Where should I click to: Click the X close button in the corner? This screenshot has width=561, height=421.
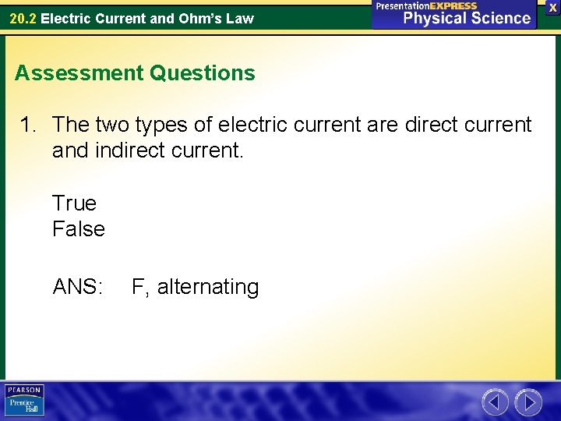click(x=552, y=6)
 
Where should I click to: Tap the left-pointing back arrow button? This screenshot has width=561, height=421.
click(x=495, y=402)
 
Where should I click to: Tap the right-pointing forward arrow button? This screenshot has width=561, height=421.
click(x=528, y=402)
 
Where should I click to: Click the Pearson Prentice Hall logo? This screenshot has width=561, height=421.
click(x=24, y=401)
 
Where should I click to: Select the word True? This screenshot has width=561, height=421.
click(x=74, y=203)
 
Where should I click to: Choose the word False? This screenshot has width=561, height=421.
click(x=78, y=229)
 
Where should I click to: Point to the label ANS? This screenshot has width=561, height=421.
click(x=78, y=287)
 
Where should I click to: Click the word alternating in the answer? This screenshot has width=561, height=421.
click(x=208, y=287)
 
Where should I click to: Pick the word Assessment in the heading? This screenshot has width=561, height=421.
click(x=79, y=73)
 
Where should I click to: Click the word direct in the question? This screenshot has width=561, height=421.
click(x=430, y=125)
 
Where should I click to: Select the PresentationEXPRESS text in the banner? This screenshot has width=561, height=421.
click(x=426, y=5)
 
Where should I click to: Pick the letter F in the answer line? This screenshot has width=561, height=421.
click(x=138, y=287)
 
